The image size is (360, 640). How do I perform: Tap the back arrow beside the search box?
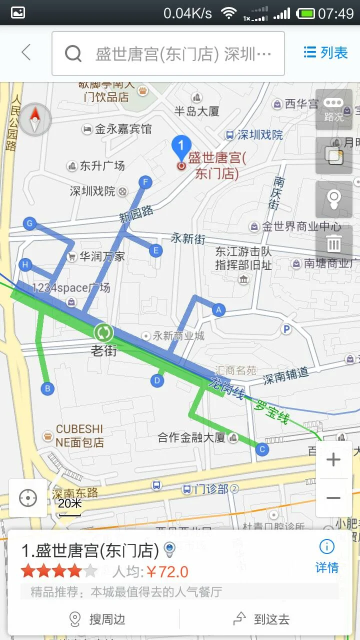(26, 52)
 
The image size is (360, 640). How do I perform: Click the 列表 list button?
(325, 52)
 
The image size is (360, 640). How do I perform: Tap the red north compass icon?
(35, 119)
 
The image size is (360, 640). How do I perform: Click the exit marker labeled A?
(218, 310)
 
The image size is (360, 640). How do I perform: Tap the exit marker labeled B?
(47, 388)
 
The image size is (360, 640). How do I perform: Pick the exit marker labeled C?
(262, 449)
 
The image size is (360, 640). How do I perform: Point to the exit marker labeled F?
(145, 182)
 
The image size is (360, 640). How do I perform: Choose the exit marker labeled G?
(30, 223)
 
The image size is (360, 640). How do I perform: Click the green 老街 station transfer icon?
(103, 332)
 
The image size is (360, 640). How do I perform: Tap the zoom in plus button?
(333, 460)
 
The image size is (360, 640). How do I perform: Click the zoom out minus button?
(333, 498)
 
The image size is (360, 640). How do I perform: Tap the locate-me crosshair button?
(28, 498)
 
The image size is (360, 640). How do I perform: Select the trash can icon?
(333, 243)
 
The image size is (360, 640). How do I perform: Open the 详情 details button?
(327, 556)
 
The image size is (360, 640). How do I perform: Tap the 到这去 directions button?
(262, 619)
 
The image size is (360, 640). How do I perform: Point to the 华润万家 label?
(102, 257)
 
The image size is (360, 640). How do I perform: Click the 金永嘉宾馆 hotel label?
(122, 129)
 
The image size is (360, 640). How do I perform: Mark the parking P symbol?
(286, 329)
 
